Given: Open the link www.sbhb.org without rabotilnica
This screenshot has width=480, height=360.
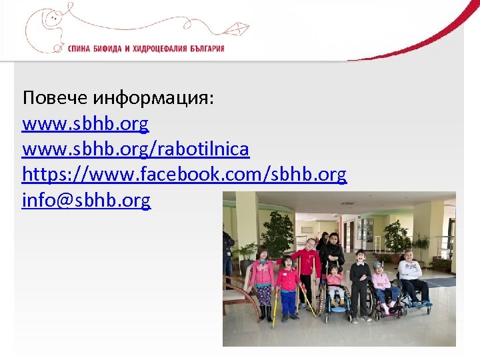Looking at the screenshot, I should pyautogui.click(x=85, y=124).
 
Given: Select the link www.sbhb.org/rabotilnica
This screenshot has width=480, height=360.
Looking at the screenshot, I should pyautogui.click(x=135, y=149).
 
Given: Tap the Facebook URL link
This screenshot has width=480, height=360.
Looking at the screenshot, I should pyautogui.click(x=184, y=175).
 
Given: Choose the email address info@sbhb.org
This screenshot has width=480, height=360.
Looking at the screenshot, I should pyautogui.click(x=87, y=200).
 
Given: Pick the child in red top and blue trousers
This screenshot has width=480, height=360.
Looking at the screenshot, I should pyautogui.click(x=288, y=287).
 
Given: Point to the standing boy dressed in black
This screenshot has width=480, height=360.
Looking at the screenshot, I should pyautogui.click(x=360, y=283).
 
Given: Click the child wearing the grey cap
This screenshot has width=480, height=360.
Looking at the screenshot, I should pyautogui.click(x=381, y=283).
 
